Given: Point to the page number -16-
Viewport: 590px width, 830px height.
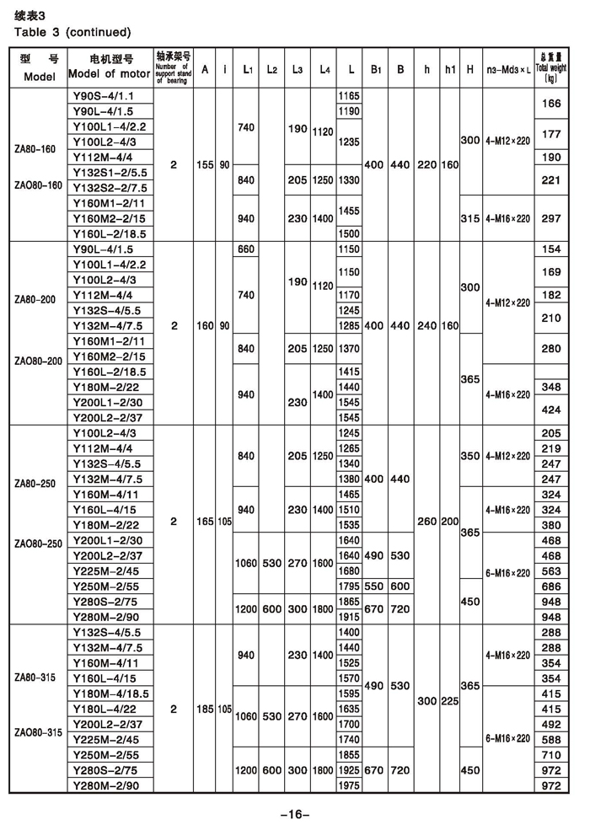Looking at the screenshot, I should tap(295, 813).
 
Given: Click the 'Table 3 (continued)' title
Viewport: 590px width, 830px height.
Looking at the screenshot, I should tap(72, 32).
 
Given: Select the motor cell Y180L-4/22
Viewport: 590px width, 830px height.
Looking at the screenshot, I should tap(106, 709).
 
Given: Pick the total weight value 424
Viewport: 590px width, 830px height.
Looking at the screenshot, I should tap(551, 410).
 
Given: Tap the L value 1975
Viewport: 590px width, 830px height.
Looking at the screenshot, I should tap(348, 785).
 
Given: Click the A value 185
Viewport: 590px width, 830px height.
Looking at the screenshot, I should tap(204, 709).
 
